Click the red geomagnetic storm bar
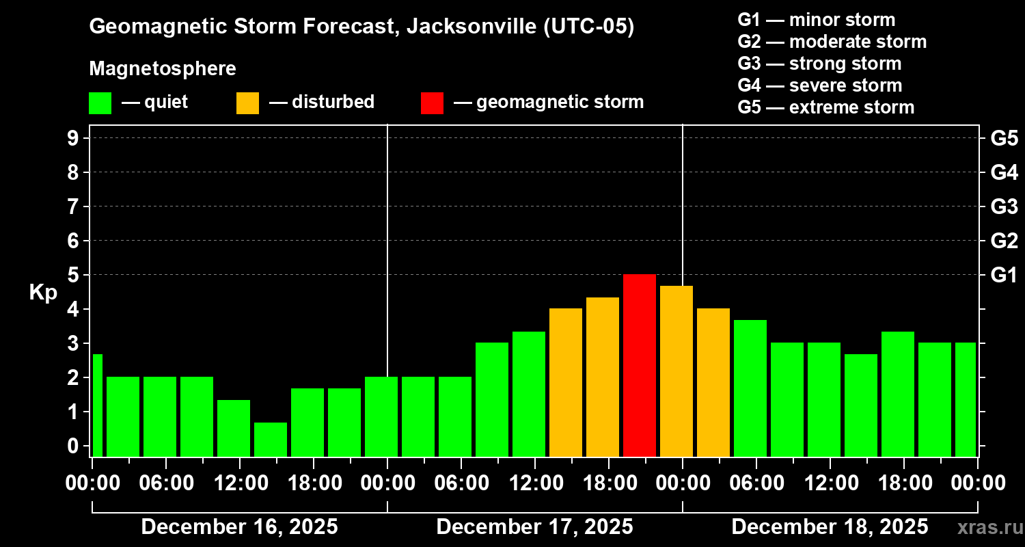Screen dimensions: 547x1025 (639, 365)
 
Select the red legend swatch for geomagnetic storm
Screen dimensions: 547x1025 (432, 103)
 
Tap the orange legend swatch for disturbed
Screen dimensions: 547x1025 (247, 103)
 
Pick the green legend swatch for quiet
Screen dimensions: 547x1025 (100, 103)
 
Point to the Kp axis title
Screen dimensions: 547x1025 (43, 293)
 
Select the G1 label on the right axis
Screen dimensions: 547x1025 (1004, 275)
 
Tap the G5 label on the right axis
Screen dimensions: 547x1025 (1004, 138)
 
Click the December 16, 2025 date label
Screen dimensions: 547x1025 (239, 526)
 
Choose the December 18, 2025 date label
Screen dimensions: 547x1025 (830, 526)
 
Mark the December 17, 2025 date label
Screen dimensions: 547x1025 (534, 526)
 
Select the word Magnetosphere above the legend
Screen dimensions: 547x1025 (163, 69)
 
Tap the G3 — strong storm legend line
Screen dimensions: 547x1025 (819, 64)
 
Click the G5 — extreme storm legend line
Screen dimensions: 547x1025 (825, 107)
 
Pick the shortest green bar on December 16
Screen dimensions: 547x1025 (271, 439)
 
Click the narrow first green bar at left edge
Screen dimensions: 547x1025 (97, 405)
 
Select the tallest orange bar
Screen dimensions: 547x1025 (676, 371)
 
